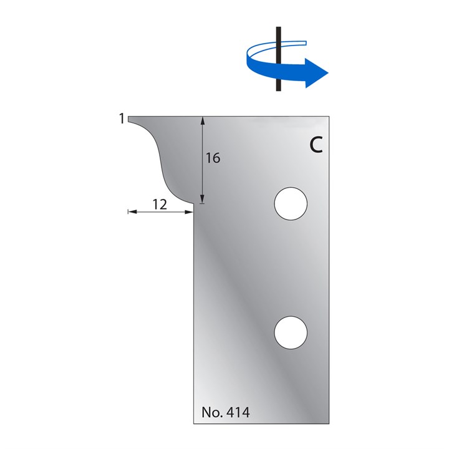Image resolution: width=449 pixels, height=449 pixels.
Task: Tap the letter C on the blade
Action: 316,145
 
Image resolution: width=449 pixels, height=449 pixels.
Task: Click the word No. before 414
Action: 212,412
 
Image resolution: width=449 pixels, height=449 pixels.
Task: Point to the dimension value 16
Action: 213,158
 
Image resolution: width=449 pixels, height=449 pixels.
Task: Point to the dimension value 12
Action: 160,205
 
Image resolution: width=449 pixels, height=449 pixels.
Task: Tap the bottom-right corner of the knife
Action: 329,423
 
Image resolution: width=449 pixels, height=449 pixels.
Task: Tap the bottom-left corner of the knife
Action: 193,423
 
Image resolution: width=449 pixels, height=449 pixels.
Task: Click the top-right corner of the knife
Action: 329,116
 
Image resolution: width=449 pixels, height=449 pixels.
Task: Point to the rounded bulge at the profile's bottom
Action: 180,197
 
